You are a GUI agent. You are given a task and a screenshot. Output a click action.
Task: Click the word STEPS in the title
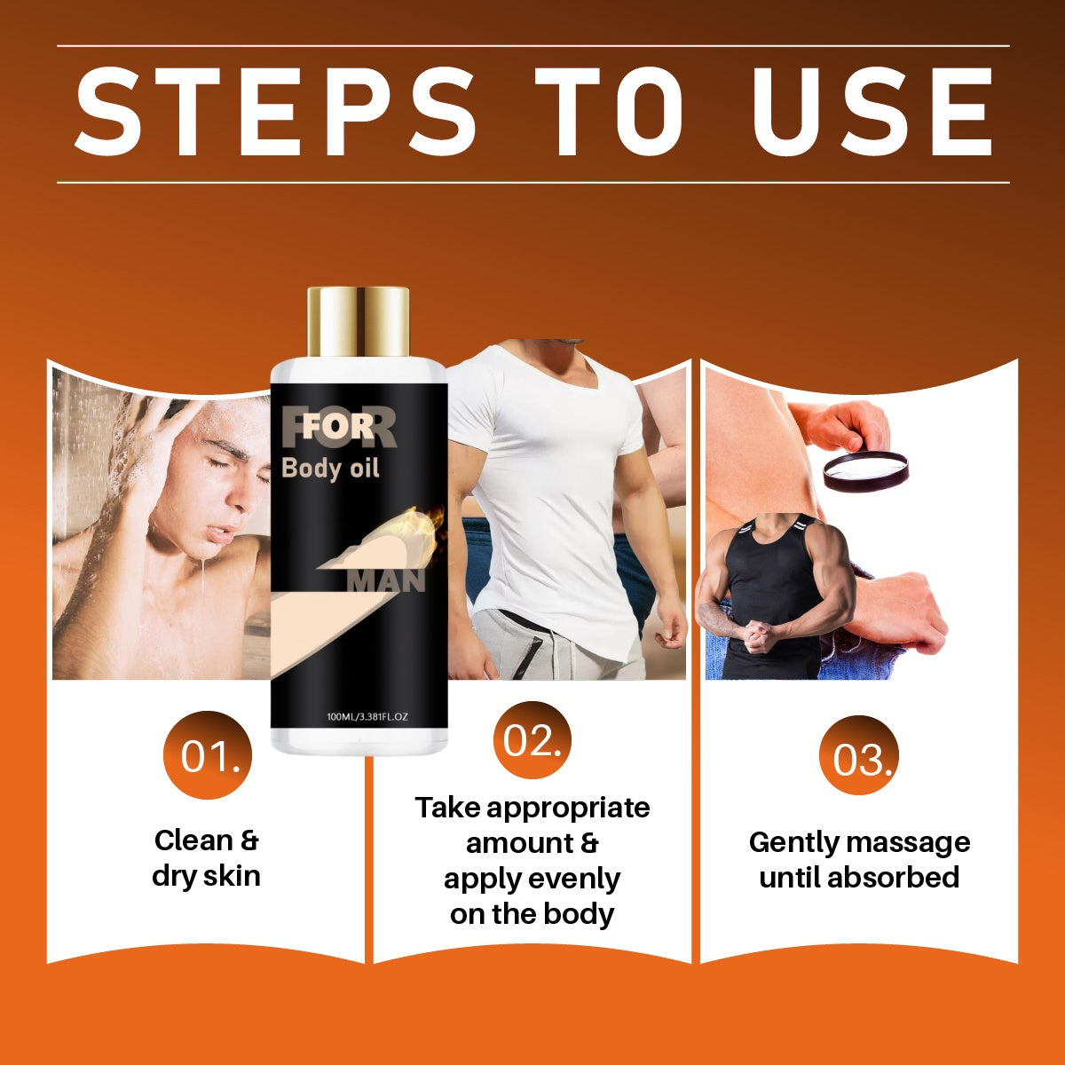point(274,112)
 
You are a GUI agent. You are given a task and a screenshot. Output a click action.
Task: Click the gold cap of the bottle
point(359,321)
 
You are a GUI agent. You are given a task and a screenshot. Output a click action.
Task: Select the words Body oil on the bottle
point(330,469)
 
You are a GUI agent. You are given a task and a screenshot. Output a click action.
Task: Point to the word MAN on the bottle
point(386,580)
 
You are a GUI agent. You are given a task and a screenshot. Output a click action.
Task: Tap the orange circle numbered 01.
point(208,755)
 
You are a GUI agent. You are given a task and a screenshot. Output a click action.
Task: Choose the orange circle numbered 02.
point(532,740)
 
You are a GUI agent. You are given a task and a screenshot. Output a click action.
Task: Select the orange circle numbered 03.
point(859,755)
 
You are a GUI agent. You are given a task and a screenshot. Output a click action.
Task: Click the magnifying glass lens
point(865,469)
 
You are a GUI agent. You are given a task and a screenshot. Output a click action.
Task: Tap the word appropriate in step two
point(568,809)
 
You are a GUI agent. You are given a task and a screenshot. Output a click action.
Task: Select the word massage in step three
point(908,843)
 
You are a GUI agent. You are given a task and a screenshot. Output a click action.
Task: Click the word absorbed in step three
point(893,878)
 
